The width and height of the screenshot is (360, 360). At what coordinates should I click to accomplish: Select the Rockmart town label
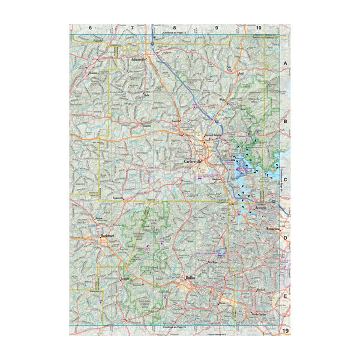[108, 236]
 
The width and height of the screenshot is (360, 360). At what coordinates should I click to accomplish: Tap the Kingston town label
[145, 126]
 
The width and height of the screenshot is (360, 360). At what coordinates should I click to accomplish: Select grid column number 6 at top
[90, 28]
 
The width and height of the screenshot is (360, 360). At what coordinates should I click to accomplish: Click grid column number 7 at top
[131, 28]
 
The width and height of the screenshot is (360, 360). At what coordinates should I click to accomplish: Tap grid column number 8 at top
[174, 28]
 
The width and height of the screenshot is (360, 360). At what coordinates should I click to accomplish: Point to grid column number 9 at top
[216, 28]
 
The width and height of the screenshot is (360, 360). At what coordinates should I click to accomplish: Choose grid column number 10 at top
[259, 28]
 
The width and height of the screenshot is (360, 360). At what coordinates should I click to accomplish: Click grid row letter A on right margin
[286, 63]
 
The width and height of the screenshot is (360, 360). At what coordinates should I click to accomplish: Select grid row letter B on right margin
[286, 121]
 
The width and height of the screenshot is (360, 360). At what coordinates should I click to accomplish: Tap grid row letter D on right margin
[286, 238]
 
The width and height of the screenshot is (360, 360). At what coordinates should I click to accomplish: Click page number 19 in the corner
[286, 331]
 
